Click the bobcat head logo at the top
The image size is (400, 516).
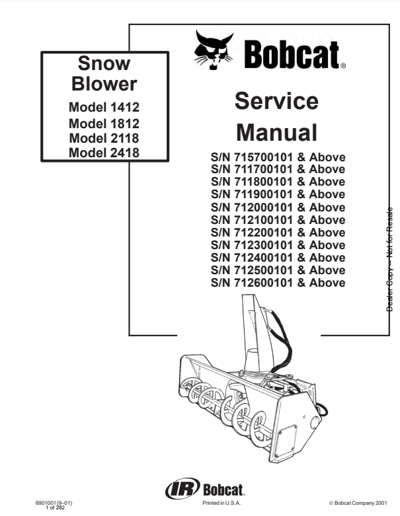(x=214, y=50)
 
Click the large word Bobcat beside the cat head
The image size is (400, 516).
(x=292, y=55)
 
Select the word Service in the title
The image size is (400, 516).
(x=276, y=100)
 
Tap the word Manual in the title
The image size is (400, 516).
(x=276, y=132)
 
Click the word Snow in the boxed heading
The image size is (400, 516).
(x=104, y=63)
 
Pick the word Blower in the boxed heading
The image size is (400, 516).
(x=104, y=84)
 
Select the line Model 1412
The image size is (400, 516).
(x=104, y=107)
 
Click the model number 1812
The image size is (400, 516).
(x=125, y=124)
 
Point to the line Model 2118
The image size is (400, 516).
(x=104, y=138)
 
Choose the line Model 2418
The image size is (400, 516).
(x=104, y=153)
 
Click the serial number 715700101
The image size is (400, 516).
(x=263, y=157)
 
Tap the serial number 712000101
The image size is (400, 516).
(x=263, y=207)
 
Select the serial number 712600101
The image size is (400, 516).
(x=263, y=283)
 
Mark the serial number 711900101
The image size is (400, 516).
(x=263, y=194)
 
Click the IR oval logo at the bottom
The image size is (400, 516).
(x=182, y=488)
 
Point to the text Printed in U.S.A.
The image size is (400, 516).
(x=221, y=503)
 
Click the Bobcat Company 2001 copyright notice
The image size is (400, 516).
(x=358, y=503)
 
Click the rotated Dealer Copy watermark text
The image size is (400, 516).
(x=389, y=259)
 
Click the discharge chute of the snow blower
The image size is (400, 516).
(x=257, y=332)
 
